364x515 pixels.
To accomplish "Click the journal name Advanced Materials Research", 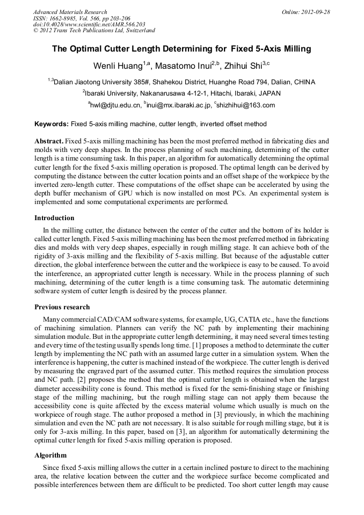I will [70, 12].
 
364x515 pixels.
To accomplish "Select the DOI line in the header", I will [89, 24].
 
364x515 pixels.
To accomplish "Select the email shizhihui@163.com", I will [246, 105].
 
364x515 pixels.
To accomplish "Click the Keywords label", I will [51, 124].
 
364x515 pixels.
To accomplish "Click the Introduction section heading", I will [54, 218].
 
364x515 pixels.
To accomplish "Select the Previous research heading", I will [62, 307].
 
